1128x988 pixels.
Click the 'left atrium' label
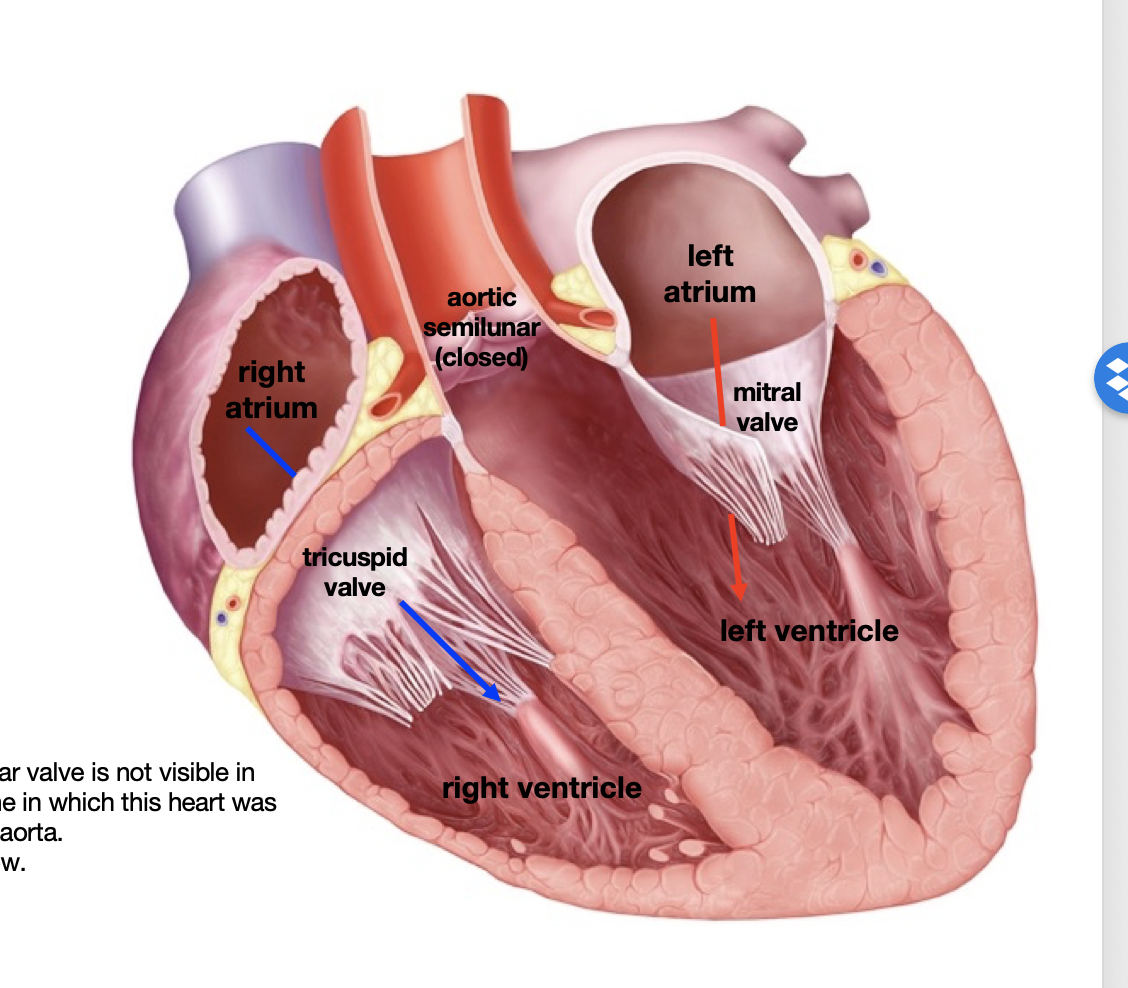[x=710, y=274]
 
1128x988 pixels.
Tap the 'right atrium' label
[x=271, y=390]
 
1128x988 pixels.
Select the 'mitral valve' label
[x=767, y=407]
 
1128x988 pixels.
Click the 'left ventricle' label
[x=809, y=631]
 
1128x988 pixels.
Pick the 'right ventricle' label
[x=542, y=788]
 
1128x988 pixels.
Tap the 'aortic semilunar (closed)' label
[x=482, y=327]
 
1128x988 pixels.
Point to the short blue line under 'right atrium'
[x=271, y=452]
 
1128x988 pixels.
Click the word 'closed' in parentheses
[x=482, y=357]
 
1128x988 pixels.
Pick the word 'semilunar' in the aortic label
[x=482, y=327]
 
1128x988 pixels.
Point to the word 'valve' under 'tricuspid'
[x=355, y=587]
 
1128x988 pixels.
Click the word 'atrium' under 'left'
[x=710, y=291]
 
